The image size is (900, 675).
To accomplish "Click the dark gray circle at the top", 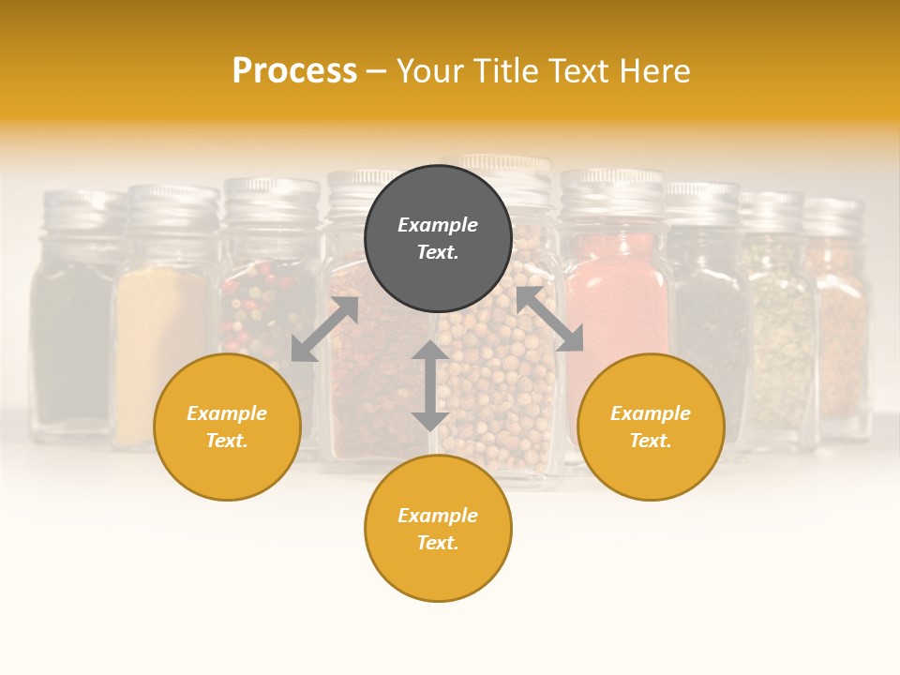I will pos(438,239).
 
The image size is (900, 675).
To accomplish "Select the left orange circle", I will pos(227,427).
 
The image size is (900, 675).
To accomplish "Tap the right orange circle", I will pos(651,427).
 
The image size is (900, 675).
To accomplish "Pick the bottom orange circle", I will pos(438,529).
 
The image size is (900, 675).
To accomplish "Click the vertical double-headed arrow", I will pos(430,385).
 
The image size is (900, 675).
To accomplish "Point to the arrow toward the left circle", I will pos(324,329).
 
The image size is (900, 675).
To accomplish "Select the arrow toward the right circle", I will pos(549,320).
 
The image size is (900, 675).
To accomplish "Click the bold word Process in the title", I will pos(294,70).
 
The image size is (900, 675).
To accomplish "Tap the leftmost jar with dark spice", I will pos(73,337).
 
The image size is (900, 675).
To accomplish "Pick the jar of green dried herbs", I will pos(776,328).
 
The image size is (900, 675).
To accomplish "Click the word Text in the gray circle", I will pos(438,252).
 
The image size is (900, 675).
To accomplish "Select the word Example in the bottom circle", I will pos(438,516).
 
